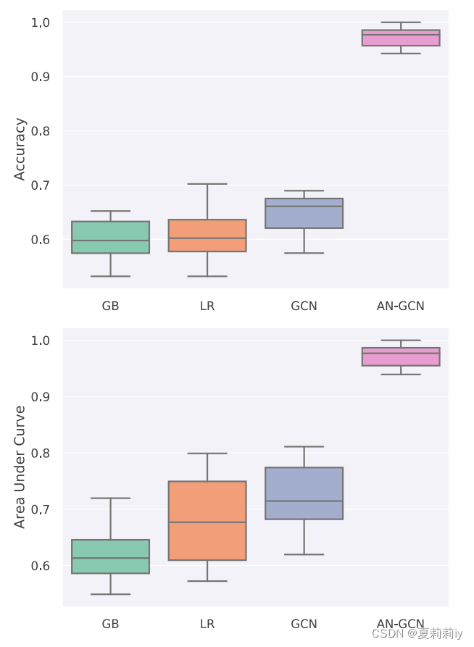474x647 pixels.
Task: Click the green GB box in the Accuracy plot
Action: pos(111,237)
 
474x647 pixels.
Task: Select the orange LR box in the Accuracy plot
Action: pos(207,235)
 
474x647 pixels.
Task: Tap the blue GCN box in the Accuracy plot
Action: pos(304,214)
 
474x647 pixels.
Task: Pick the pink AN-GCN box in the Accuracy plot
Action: pos(401,38)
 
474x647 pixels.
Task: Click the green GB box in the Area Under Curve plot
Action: pos(111,556)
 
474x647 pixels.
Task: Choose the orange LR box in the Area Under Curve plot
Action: pos(207,520)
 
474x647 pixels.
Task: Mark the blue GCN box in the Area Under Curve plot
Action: pos(304,493)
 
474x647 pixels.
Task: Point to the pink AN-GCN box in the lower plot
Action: pos(401,356)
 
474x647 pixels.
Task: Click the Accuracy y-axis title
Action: pos(20,149)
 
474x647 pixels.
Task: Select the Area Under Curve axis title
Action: pos(20,467)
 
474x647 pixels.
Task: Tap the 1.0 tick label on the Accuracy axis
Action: pos(40,22)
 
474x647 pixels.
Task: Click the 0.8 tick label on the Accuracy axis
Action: pos(40,131)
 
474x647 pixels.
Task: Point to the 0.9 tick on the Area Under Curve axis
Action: pos(40,396)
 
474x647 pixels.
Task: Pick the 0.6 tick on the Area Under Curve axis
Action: pos(40,566)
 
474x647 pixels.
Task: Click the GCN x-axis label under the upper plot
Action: pos(304,306)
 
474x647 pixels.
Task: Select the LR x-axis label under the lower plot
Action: pos(207,624)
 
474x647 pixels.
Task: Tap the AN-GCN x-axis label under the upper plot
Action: pos(401,306)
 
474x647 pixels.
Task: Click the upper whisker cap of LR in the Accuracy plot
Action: pos(207,184)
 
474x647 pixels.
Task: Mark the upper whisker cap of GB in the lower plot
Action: pos(111,498)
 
